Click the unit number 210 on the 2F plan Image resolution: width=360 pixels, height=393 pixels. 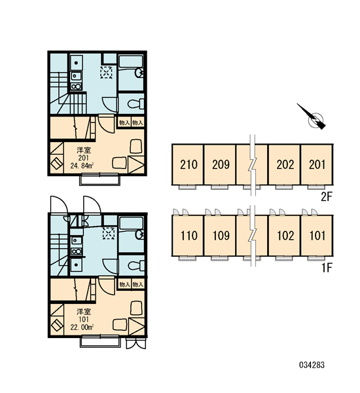[x=189, y=164]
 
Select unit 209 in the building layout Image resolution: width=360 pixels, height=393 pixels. [x=221, y=164]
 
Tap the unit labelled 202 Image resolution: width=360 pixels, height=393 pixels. [x=285, y=164]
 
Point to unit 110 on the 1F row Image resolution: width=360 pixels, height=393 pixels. [x=189, y=236]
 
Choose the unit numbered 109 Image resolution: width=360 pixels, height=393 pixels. [x=221, y=236]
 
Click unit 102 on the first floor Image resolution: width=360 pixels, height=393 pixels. [x=285, y=236]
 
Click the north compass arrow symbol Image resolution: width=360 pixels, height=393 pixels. [x=312, y=117]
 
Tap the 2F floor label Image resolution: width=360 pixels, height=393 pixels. [x=327, y=197]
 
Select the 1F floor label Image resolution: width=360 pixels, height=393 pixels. [x=327, y=268]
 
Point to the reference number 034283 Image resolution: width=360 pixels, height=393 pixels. [x=312, y=365]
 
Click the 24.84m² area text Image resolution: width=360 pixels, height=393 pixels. [x=82, y=166]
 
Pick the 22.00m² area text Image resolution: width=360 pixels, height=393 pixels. [x=82, y=327]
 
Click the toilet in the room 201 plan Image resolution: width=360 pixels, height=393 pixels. [x=135, y=103]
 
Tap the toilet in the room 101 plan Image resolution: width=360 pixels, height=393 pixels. [x=135, y=265]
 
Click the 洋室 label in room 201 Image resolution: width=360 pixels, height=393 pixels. [x=84, y=151]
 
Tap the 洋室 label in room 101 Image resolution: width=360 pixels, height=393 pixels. [x=84, y=312]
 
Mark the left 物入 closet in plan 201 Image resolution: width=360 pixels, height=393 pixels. [x=124, y=123]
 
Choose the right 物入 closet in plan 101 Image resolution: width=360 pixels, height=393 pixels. [x=138, y=284]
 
